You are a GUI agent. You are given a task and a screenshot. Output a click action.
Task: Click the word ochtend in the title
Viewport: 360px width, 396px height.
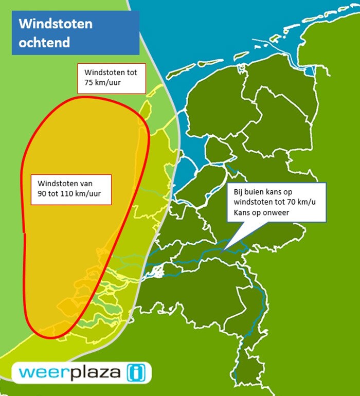(44, 42)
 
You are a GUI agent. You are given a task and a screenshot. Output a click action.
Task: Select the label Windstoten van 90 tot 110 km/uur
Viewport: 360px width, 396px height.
(71, 189)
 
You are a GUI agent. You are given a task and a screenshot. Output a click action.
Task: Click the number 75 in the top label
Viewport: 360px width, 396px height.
(89, 82)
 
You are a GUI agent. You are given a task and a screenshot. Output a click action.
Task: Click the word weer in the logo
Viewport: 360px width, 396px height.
(39, 372)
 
